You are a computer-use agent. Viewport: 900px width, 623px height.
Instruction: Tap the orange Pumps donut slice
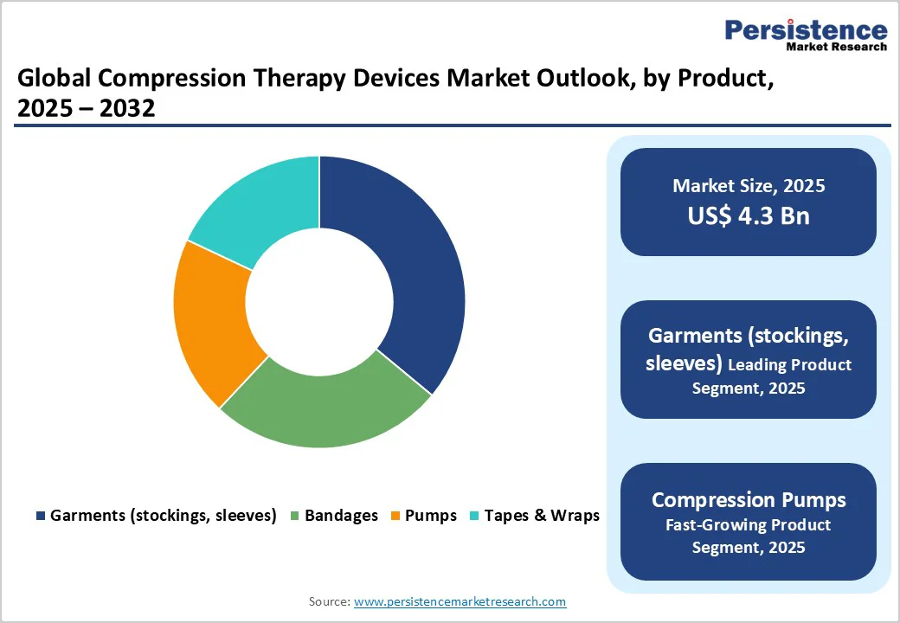(x=212, y=320)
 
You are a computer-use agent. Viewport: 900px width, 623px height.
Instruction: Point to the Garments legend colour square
(x=40, y=517)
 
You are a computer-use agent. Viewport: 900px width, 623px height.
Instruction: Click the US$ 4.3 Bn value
(x=749, y=215)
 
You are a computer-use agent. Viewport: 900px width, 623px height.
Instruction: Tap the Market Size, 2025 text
(x=749, y=186)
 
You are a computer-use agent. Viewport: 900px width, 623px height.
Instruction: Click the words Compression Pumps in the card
(x=749, y=500)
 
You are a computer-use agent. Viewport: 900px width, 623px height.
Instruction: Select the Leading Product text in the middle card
(x=789, y=365)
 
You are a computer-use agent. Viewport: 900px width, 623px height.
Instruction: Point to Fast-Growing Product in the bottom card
(x=749, y=525)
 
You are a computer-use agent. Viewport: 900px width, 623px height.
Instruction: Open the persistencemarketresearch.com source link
(x=460, y=601)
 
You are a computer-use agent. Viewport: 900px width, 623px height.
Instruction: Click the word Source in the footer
(x=328, y=601)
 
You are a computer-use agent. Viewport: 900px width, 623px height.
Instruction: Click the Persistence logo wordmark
(x=806, y=30)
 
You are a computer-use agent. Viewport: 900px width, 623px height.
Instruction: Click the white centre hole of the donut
(x=319, y=301)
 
